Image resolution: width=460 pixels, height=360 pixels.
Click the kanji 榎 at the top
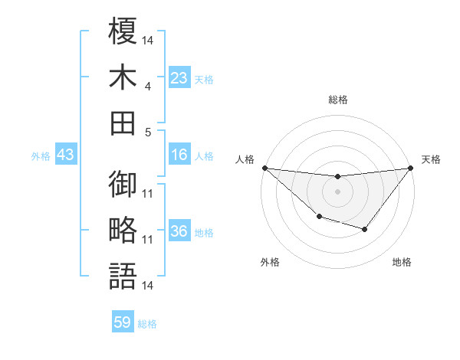pyautogui.click(x=123, y=32)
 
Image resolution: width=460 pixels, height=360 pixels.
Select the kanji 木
pyautogui.click(x=123, y=77)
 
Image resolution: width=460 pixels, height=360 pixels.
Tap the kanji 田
pyautogui.click(x=123, y=123)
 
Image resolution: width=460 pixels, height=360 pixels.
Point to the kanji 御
pyautogui.click(x=123, y=185)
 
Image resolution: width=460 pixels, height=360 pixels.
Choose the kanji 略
pyautogui.click(x=123, y=230)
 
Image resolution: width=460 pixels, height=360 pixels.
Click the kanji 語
pyautogui.click(x=123, y=276)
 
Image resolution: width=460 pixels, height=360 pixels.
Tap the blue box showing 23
pyautogui.click(x=179, y=78)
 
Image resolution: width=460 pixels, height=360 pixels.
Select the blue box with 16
pyautogui.click(x=179, y=155)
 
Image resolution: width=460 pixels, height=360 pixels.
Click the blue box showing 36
pyautogui.click(x=179, y=232)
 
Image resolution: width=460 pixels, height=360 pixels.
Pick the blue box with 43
pyautogui.click(x=66, y=155)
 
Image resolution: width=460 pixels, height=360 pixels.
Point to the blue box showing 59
pyautogui.click(x=123, y=322)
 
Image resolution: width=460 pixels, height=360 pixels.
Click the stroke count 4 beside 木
pyautogui.click(x=148, y=87)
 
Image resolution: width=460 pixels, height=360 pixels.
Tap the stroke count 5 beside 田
pyautogui.click(x=148, y=132)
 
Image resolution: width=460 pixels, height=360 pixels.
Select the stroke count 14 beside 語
pyautogui.click(x=148, y=286)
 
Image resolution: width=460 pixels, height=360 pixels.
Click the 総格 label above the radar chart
pyautogui.click(x=337, y=100)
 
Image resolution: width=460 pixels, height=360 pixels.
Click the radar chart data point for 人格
pyautogui.click(x=264, y=167)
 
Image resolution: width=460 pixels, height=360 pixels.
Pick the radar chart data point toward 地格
pyautogui.click(x=365, y=229)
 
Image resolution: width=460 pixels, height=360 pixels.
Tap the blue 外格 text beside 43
pyautogui.click(x=41, y=156)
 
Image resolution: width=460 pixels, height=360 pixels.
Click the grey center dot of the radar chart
pyautogui.click(x=337, y=191)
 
